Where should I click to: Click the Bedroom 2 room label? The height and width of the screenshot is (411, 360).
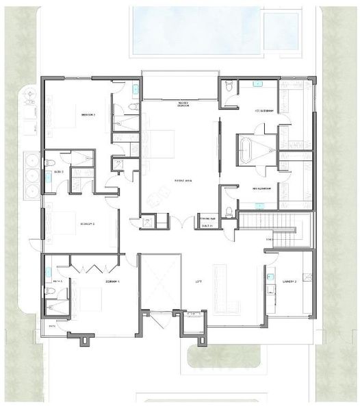(x=88, y=114)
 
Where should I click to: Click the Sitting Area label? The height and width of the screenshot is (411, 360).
(x=182, y=181)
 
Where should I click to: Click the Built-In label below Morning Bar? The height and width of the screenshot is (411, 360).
(x=207, y=225)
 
